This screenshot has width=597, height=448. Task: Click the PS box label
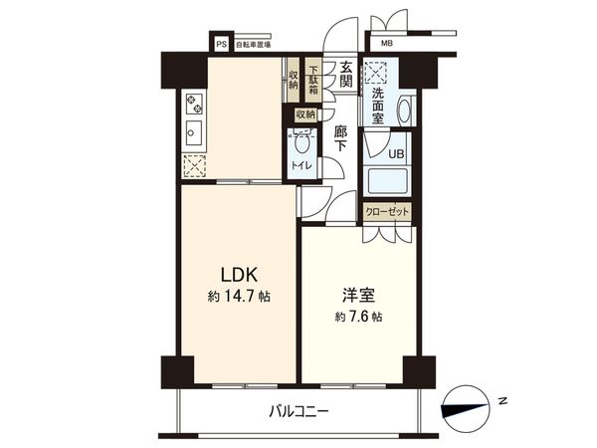pyautogui.click(x=221, y=44)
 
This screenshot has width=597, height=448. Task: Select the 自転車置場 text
pyautogui.click(x=252, y=44)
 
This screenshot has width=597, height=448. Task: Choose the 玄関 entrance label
pyautogui.click(x=343, y=75)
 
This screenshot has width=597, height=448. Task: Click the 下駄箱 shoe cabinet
pyautogui.click(x=313, y=80)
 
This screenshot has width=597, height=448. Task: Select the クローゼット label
pyautogui.click(x=387, y=212)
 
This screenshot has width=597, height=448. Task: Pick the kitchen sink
pyautogui.click(x=193, y=133)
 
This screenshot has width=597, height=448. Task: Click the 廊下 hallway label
pyautogui.click(x=341, y=137)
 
